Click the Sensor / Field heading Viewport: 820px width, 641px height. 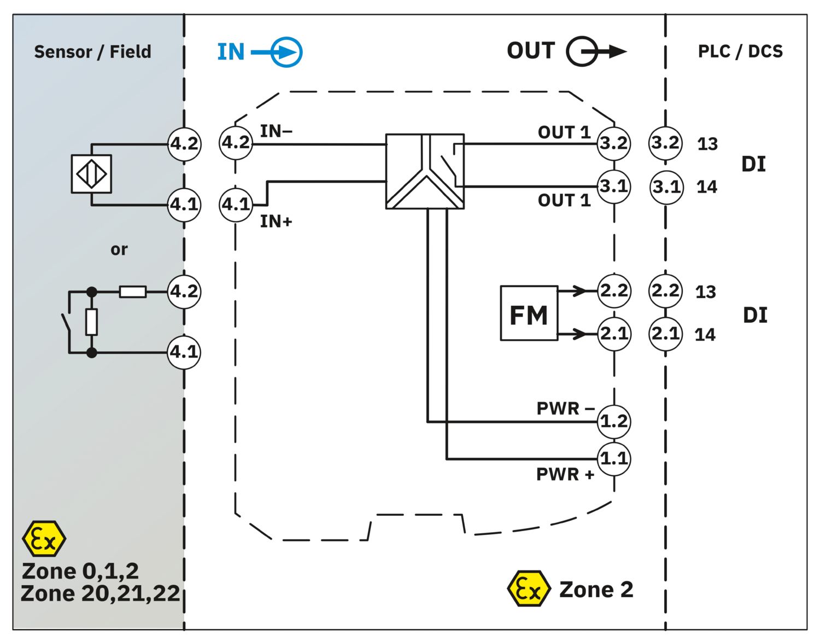coord(92,52)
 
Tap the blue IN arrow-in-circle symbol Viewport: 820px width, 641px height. coord(285,53)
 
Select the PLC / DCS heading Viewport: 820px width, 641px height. coord(740,51)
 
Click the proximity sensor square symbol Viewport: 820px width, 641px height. coord(91,174)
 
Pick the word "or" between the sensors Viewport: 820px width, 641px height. coord(119,249)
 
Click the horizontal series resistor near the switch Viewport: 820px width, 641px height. coord(133,292)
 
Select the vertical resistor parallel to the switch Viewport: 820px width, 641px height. coord(92,322)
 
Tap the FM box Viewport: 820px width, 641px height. coord(529,313)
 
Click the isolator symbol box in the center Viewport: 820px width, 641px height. coord(425,171)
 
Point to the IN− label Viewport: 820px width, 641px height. coord(276,131)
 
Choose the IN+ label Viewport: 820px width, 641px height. coord(276,222)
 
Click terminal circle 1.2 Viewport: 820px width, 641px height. coord(614,421)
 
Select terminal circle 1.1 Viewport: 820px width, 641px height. coord(614,458)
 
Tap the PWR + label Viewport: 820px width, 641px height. coord(565,474)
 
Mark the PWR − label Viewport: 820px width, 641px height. coord(565,408)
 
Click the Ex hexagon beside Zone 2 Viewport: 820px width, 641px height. coord(528,589)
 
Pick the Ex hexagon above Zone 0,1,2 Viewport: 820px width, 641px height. coord(44,539)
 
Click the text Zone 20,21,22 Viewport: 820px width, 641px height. coord(100,593)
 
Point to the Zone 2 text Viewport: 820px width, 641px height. coord(596,590)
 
